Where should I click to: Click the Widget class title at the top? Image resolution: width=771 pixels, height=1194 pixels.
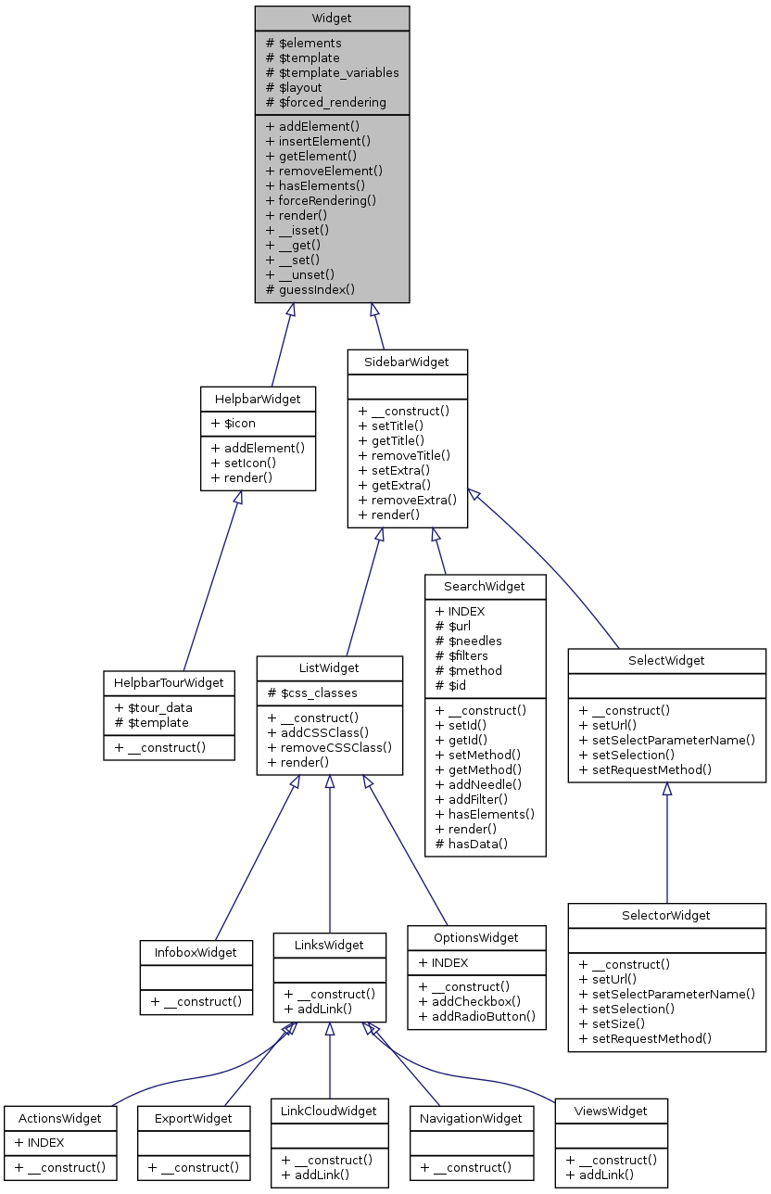tap(332, 18)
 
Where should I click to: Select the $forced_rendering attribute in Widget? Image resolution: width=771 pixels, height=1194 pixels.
tap(326, 102)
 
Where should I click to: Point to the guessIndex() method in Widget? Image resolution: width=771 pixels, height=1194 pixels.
tap(310, 289)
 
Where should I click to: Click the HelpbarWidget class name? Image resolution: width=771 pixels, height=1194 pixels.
tap(258, 399)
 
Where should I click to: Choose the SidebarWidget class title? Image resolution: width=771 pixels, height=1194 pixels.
tap(407, 362)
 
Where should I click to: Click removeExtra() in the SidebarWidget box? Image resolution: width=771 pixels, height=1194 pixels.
tap(408, 500)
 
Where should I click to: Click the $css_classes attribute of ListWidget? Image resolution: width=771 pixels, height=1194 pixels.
tap(312, 692)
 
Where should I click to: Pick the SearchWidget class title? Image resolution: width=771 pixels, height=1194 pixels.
tap(485, 586)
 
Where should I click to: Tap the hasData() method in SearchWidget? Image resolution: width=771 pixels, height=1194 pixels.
tap(472, 844)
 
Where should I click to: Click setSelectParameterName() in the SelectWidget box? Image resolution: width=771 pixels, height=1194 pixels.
tap(667, 740)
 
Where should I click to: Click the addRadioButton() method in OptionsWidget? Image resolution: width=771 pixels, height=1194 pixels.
tap(477, 1016)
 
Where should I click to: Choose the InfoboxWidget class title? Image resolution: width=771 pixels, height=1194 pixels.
tap(196, 952)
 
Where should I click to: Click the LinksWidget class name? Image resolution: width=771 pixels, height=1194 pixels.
tap(329, 945)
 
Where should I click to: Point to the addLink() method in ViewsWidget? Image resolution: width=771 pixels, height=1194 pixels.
tap(600, 1175)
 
